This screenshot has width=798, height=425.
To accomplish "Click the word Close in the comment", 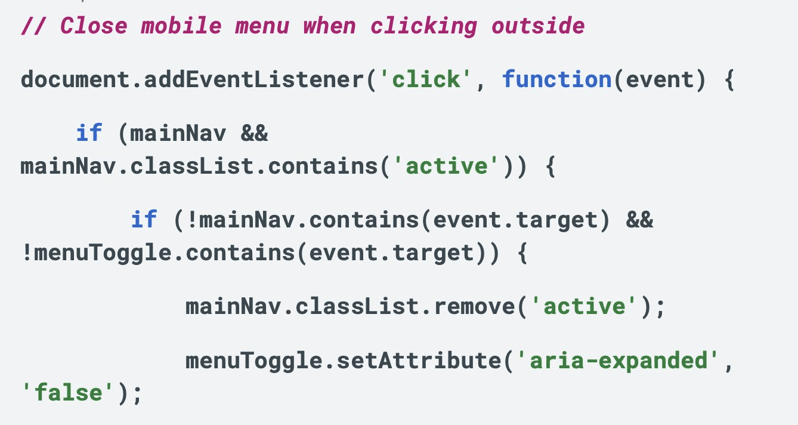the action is coord(95,26).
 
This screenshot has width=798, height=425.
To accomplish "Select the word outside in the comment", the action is coord(538,26).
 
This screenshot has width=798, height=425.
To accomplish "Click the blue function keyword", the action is coord(556,79).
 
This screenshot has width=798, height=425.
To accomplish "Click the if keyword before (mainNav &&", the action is coord(89,133).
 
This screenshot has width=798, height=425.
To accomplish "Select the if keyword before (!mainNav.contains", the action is coord(144,220).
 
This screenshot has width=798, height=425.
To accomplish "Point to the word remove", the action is coord(475,307).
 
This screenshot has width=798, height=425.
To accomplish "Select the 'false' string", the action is coord(69,393).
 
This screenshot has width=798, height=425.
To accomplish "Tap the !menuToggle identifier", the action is coord(96,253).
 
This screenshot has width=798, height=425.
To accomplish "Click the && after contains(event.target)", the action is coord(639,220).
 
